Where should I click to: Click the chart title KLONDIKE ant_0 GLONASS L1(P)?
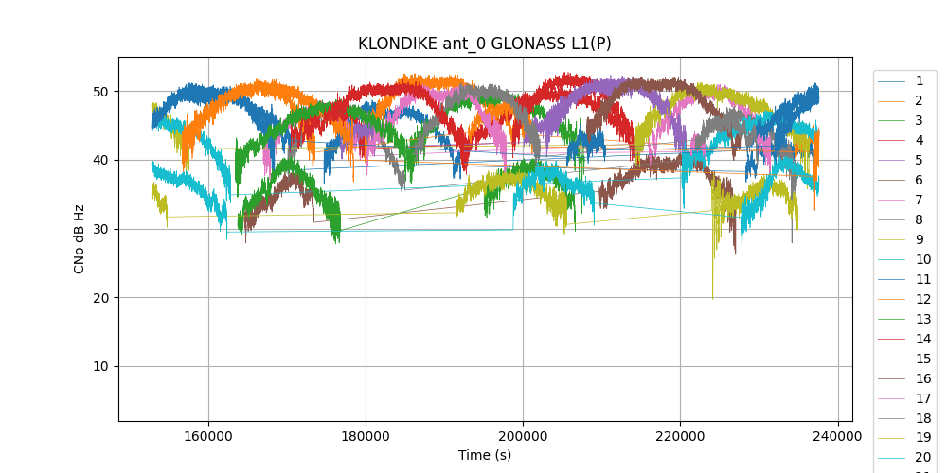pos(484,44)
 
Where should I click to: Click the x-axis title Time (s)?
pos(485,455)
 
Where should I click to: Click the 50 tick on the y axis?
pos(99,92)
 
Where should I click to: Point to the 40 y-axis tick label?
pos(99,160)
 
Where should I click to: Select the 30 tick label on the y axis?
pos(99,229)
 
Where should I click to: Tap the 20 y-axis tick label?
pos(99,298)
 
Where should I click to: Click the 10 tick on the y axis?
pos(99,367)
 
